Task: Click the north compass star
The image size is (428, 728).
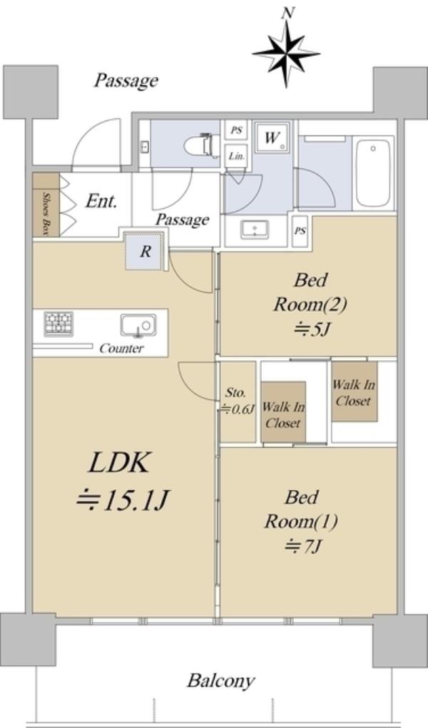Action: [x=287, y=51]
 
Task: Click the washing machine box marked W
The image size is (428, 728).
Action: [x=272, y=138]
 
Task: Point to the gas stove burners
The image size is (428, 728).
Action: [x=58, y=324]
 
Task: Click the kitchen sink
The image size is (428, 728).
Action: [x=137, y=326]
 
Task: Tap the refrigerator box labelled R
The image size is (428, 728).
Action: [x=144, y=251]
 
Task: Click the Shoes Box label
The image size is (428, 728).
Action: [x=46, y=212]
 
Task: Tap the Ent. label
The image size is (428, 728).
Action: [x=101, y=201]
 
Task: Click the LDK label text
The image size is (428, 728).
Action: [x=119, y=463]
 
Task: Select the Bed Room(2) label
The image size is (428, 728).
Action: [x=310, y=304]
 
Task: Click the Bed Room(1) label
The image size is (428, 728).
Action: [x=300, y=521]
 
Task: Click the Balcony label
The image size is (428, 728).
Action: [x=220, y=680]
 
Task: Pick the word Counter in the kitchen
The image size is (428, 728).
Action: [x=121, y=349]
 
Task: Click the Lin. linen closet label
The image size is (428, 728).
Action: [x=236, y=155]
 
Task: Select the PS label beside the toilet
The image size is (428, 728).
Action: [x=236, y=130]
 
